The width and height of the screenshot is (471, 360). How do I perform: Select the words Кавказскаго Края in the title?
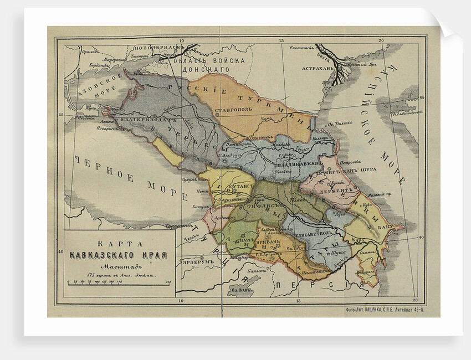tap(120, 255)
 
